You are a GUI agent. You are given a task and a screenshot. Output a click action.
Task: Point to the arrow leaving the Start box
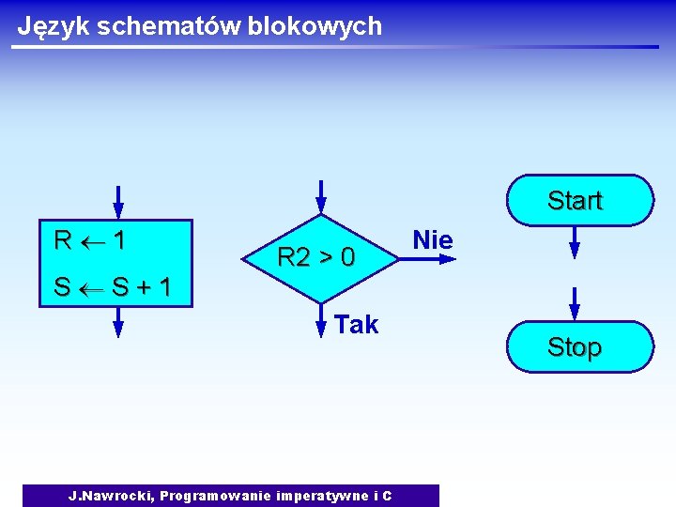(x=575, y=243)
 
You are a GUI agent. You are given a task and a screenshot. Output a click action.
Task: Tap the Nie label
(x=433, y=240)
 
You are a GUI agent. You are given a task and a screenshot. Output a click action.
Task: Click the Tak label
(x=356, y=325)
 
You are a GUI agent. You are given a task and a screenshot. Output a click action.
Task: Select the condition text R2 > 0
(x=316, y=256)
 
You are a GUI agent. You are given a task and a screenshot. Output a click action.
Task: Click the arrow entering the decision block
(x=321, y=195)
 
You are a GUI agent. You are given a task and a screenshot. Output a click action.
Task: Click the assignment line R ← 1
(x=90, y=240)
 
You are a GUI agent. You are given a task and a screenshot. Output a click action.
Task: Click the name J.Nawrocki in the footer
(x=110, y=496)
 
